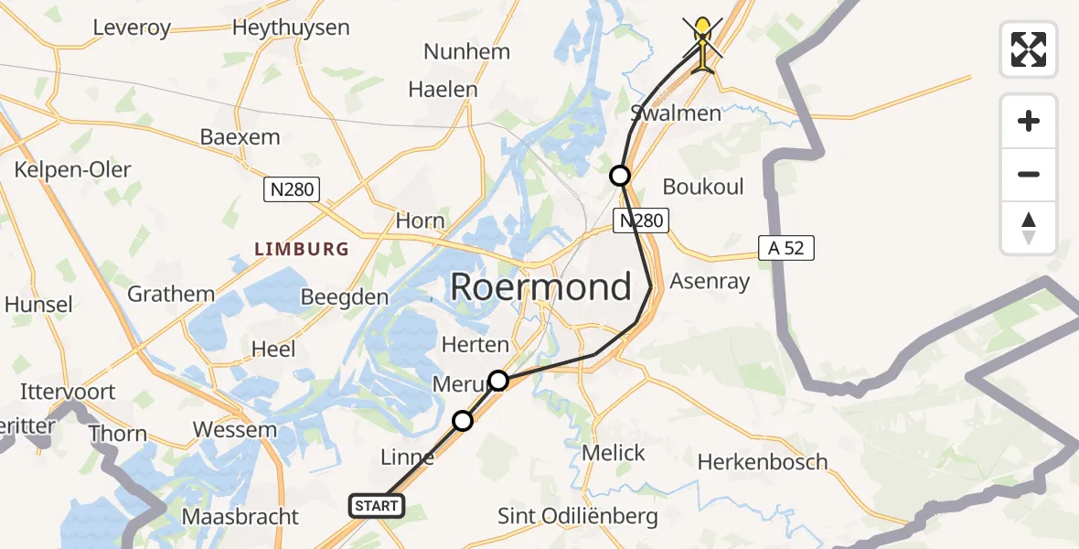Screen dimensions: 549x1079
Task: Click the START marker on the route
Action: click(376, 505)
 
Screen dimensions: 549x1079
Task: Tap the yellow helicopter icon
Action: click(702, 43)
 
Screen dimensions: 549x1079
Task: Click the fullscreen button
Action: click(1029, 49)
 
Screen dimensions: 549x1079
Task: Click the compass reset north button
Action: click(1029, 228)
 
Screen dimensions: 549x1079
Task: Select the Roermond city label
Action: click(540, 287)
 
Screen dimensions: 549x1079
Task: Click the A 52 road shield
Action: click(785, 247)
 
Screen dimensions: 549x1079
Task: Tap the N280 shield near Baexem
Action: click(292, 189)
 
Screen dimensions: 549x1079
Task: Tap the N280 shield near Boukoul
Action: click(641, 220)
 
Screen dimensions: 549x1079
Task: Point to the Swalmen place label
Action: click(676, 113)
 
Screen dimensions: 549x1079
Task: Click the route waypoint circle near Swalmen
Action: click(620, 175)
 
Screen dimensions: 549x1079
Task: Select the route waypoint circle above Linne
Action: click(463, 420)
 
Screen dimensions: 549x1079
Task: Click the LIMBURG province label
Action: click(302, 249)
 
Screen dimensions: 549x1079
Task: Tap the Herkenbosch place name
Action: click(763, 462)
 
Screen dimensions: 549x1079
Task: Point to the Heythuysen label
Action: click(291, 27)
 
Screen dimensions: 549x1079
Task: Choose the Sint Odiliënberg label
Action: click(577, 516)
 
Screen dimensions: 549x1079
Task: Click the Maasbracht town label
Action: click(240, 516)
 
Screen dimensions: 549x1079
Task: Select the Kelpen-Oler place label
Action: click(72, 169)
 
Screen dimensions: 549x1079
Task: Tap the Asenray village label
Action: click(710, 281)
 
